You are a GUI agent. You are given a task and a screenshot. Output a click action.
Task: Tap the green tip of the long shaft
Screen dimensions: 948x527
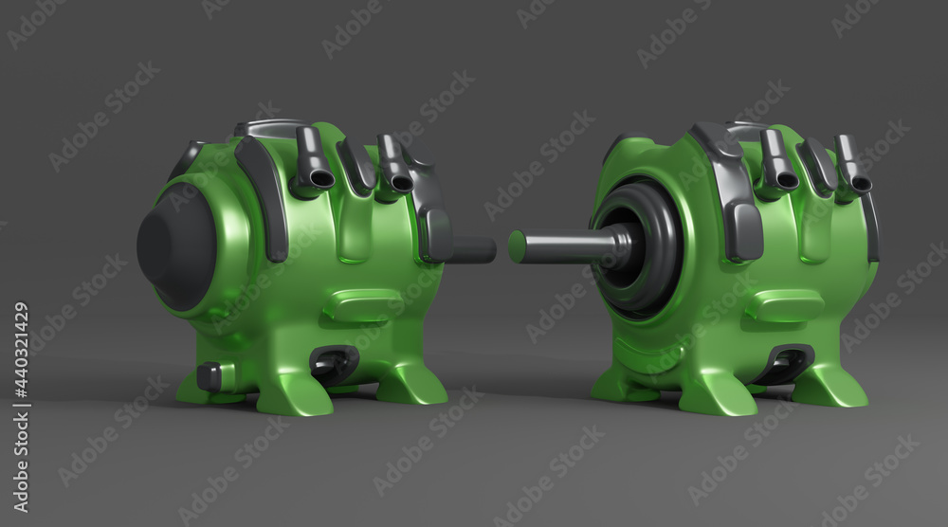click(x=517, y=246)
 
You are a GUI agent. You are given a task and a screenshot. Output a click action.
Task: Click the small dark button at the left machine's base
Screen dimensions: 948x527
click(x=210, y=376)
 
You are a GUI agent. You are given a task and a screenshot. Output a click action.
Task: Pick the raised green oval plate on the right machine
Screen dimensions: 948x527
click(x=785, y=306)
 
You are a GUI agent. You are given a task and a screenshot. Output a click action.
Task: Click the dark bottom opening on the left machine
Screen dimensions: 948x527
click(x=333, y=363)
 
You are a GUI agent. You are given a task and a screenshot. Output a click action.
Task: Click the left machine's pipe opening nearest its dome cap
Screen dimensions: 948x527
click(x=319, y=179)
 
